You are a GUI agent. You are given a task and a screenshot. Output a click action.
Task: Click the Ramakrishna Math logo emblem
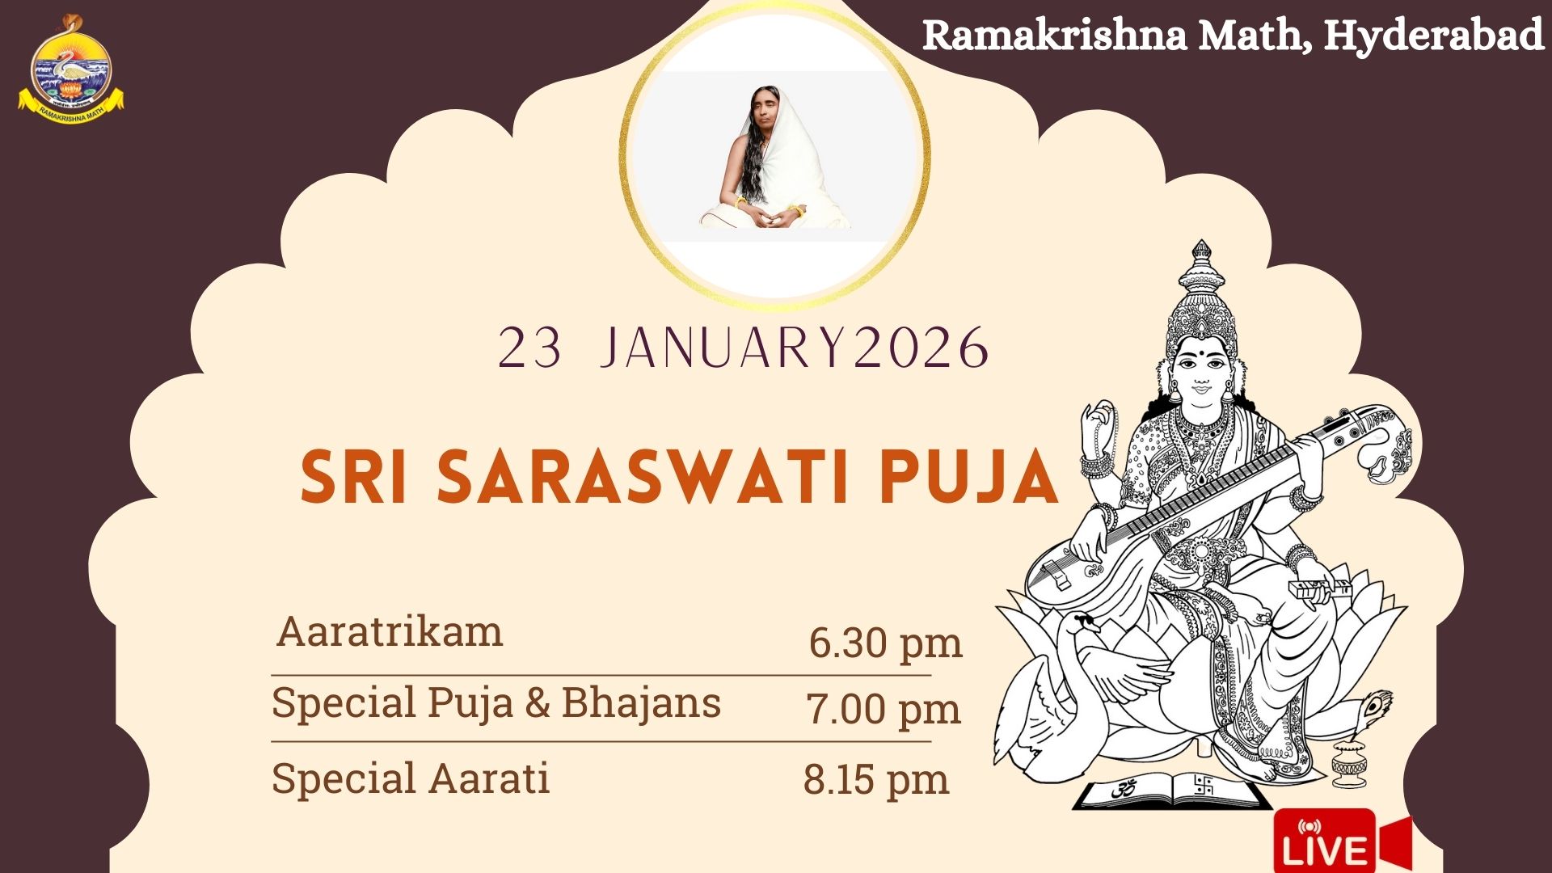71,69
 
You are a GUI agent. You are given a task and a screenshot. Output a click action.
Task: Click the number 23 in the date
529,348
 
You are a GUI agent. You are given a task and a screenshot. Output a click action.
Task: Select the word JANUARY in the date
724,348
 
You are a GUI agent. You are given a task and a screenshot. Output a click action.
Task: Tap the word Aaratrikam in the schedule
390,631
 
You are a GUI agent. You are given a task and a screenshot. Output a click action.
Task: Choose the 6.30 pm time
885,644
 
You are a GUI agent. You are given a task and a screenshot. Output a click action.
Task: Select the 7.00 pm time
884,710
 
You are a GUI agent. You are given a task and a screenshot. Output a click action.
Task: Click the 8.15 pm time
876,780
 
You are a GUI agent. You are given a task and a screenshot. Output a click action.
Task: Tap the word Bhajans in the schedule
641,702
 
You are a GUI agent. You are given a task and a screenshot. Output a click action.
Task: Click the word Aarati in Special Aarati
489,778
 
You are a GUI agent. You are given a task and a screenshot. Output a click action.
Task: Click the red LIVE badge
1342,841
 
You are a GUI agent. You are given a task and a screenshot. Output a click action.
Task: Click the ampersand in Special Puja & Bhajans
537,703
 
